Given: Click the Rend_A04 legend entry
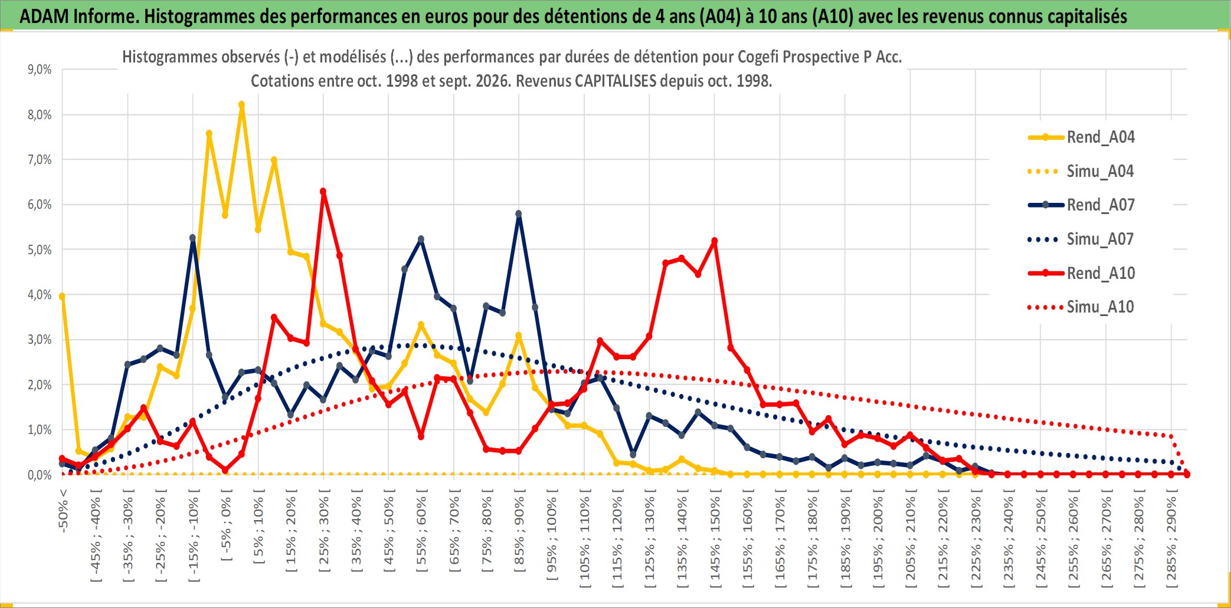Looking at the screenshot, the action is (1081, 137).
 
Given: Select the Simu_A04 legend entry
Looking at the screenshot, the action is (1081, 172).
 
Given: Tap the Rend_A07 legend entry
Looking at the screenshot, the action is (1081, 205).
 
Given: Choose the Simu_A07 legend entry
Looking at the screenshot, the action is (1081, 239).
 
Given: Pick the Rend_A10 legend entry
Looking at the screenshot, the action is (1081, 274).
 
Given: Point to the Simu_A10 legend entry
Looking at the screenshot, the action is (1081, 307).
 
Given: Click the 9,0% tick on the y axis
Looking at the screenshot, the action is (40, 70).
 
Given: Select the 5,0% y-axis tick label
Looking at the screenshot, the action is (40, 250).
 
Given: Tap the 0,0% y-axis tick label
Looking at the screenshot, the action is (40, 475).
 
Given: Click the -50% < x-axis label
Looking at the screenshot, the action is (63, 511).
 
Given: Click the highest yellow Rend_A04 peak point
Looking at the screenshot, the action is (241, 105).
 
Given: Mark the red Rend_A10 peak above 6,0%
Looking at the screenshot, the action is (323, 192).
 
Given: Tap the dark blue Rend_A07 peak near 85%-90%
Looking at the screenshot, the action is (519, 214).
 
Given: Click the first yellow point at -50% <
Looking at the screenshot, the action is (62, 297).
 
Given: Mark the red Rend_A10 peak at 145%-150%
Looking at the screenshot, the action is (715, 241).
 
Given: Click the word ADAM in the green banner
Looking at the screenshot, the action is (45, 17).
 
